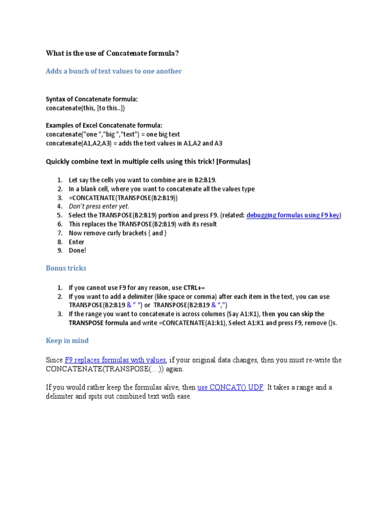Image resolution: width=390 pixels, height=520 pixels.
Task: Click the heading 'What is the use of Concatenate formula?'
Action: click(112, 53)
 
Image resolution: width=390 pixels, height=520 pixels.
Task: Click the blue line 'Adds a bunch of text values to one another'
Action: click(113, 71)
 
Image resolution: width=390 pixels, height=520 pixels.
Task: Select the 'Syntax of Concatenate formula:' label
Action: click(91, 99)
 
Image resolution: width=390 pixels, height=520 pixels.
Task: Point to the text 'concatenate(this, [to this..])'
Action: click(85, 108)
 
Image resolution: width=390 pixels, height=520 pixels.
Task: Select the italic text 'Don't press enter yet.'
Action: click(99, 206)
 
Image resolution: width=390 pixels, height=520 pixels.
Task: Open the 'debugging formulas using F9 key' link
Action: click(292, 215)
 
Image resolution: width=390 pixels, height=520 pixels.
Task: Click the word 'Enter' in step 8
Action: click(77, 242)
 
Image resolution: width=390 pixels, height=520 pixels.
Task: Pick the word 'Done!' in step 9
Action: click(78, 250)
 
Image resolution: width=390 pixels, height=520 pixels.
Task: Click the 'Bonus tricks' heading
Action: click(66, 268)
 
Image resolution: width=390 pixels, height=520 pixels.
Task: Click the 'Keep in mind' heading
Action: click(67, 341)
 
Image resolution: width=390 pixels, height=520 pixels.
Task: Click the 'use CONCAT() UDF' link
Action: click(231, 387)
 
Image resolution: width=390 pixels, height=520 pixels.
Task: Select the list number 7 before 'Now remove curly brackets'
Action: click(59, 233)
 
